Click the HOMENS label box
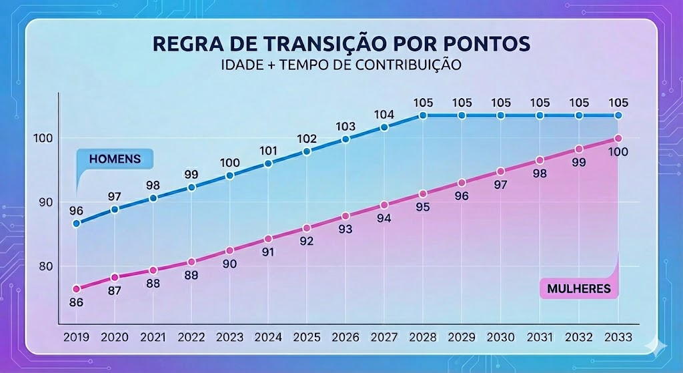tap(114, 159)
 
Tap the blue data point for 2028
tap(423, 115)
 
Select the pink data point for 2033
tap(618, 138)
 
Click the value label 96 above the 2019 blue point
tap(76, 210)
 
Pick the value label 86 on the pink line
tap(76, 302)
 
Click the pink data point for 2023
tap(229, 250)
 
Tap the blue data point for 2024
tap(268, 163)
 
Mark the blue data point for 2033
tap(618, 115)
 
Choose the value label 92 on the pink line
tap(306, 242)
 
